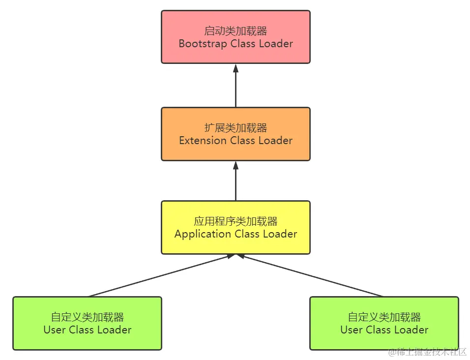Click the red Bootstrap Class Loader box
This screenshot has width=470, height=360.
click(x=235, y=37)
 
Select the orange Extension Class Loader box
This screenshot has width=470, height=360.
click(x=235, y=134)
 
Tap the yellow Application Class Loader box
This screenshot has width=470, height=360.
click(x=235, y=227)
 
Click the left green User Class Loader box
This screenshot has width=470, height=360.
click(x=87, y=323)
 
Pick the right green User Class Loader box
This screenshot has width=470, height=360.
click(x=384, y=323)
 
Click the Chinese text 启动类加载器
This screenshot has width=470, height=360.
click(x=235, y=31)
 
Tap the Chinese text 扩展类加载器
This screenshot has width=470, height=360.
click(x=235, y=128)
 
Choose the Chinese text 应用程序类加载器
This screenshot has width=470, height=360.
click(x=235, y=222)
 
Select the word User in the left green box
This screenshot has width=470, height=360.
click(x=54, y=330)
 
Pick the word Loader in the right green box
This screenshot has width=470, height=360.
click(x=412, y=330)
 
